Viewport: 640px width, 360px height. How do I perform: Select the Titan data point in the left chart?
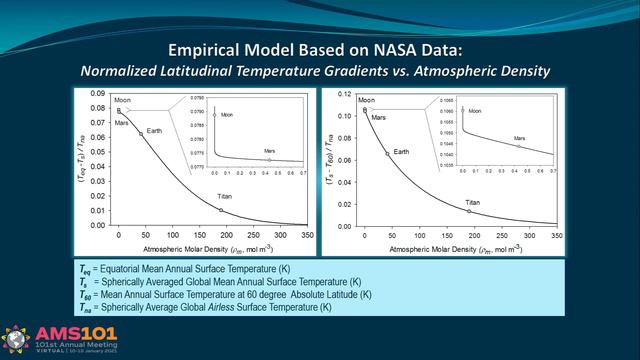click(x=221, y=210)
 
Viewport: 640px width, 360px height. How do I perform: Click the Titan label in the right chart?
click(x=476, y=203)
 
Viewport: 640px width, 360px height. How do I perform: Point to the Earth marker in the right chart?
click(x=387, y=154)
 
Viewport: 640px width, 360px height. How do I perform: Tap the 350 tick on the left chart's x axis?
click(x=306, y=234)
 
